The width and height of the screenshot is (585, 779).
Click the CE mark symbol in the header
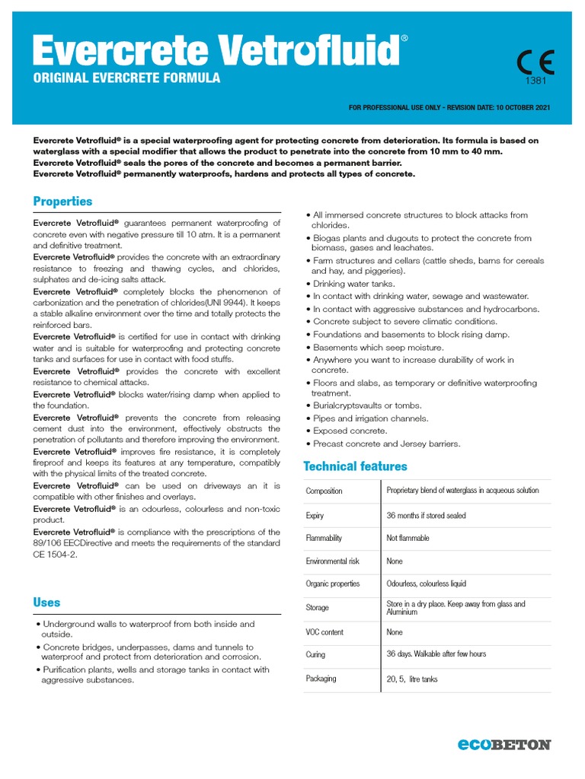(535, 62)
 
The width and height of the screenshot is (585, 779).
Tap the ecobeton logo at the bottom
(503, 745)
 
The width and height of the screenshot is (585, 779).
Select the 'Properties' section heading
(62, 202)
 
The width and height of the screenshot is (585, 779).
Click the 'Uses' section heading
(46, 603)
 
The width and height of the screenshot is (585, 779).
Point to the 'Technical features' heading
(355, 466)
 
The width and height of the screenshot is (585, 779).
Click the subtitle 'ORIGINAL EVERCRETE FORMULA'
(126, 78)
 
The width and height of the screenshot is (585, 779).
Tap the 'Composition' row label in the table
(324, 491)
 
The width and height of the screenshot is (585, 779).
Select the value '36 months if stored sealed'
(426, 516)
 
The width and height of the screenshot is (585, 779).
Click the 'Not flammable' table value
(408, 539)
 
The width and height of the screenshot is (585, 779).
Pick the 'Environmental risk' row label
(332, 561)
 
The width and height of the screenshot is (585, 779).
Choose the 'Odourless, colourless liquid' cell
(426, 584)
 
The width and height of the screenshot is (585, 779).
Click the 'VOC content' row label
(324, 632)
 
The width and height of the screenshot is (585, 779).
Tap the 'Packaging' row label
(321, 679)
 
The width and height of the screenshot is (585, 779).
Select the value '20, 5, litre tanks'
(412, 679)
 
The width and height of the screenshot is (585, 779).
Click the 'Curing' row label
(315, 655)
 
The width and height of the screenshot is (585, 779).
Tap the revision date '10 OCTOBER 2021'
(522, 108)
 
